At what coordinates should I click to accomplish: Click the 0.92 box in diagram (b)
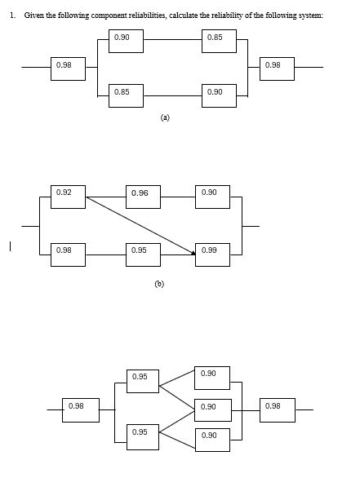68,197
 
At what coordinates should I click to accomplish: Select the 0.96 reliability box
143,197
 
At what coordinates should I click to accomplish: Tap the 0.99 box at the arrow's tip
212,254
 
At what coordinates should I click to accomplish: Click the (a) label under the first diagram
165,117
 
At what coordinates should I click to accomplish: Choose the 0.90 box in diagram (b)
212,197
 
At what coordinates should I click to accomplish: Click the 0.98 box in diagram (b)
68,254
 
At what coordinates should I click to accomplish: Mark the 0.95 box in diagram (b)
143,254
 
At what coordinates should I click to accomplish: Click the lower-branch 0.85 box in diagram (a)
125,95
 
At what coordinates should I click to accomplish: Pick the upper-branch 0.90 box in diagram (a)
125,41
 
